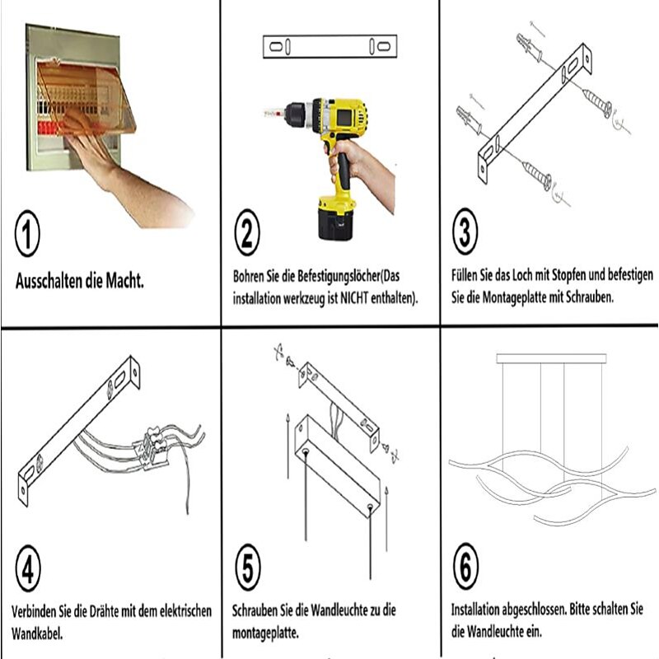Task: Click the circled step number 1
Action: (27, 234)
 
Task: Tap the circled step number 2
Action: (247, 232)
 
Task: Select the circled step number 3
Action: (465, 231)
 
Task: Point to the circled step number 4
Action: (28, 568)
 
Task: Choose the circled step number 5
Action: (248, 567)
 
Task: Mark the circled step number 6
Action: (465, 566)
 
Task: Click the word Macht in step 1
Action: (124, 280)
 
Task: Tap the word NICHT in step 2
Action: (354, 298)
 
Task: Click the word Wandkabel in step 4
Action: (37, 633)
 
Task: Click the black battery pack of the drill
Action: (335, 222)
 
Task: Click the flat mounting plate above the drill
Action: (330, 46)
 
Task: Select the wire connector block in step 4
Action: (152, 448)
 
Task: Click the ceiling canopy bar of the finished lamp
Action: (551, 358)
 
